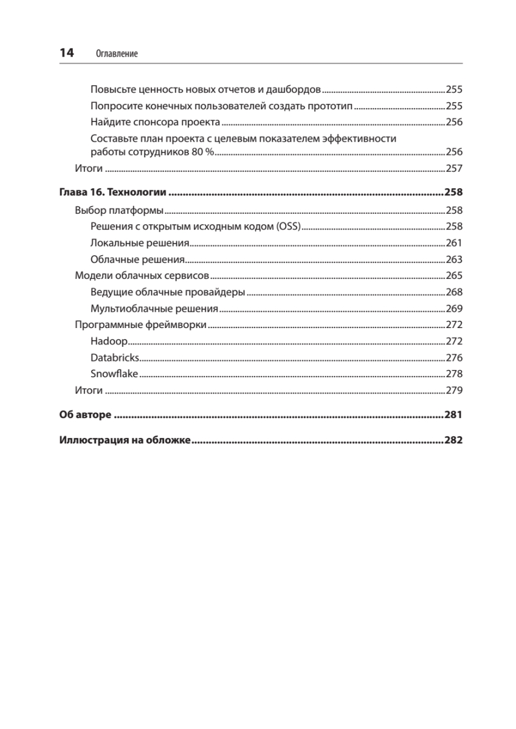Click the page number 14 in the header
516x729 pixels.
[66, 53]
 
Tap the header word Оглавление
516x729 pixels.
[117, 54]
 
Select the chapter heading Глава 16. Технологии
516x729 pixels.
[112, 193]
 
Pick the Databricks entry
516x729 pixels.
[115, 357]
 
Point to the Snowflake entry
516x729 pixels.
[114, 374]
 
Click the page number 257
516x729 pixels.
[454, 168]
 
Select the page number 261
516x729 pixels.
[454, 243]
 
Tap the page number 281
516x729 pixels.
[453, 416]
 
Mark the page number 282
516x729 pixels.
[453, 440]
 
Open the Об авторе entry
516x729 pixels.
[85, 416]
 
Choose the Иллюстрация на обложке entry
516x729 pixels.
[125, 440]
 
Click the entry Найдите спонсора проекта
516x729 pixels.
[155, 122]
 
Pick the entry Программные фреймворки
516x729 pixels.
[140, 324]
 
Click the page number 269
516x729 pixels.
[454, 308]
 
